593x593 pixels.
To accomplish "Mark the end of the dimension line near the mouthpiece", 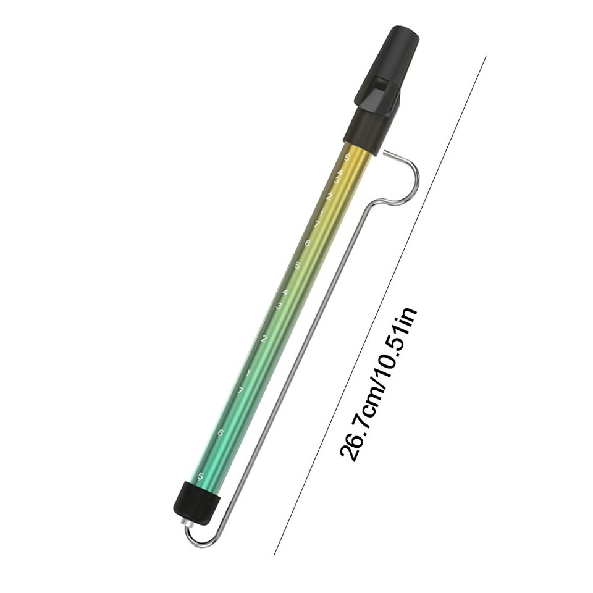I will [486, 57].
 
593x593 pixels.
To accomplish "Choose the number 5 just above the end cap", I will [200, 476].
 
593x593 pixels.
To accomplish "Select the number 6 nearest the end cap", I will [221, 433].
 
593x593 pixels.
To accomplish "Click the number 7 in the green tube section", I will [240, 390].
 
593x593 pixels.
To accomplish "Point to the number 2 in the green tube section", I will [264, 339].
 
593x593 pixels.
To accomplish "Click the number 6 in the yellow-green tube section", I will [307, 243].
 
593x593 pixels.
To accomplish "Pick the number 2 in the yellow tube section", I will [329, 197].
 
